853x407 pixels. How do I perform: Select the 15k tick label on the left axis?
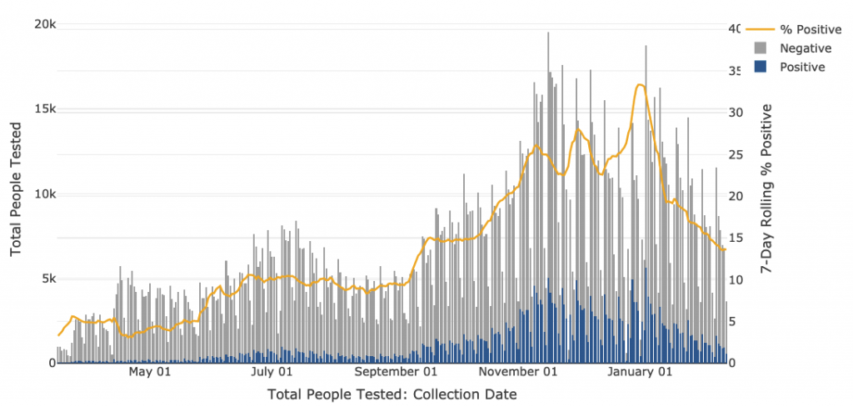point(44,109)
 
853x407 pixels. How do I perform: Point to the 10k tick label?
point(44,193)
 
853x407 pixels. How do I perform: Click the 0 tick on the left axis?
point(51,363)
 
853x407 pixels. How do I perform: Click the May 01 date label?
point(151,373)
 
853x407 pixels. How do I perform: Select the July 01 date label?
point(272,373)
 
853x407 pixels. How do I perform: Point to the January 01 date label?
point(642,373)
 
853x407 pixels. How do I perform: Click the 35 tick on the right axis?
point(734,71)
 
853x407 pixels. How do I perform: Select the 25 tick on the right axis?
point(734,154)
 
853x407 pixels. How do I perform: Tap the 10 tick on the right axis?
point(734,279)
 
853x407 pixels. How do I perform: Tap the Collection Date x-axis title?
point(392,394)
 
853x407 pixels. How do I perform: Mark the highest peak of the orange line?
point(640,84)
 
